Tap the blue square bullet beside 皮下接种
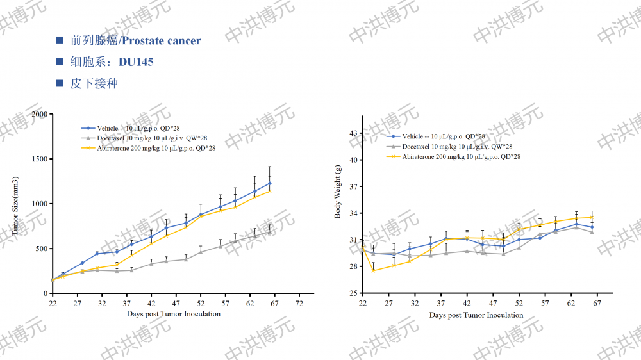coord(60,83)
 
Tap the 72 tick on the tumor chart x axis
coord(299,303)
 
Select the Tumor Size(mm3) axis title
coord(16,203)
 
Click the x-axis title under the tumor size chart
coord(173,314)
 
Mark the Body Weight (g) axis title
coord(338,192)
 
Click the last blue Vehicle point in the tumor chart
coord(270,183)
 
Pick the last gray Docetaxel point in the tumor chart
coord(270,232)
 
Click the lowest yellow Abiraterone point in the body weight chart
coord(373,270)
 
